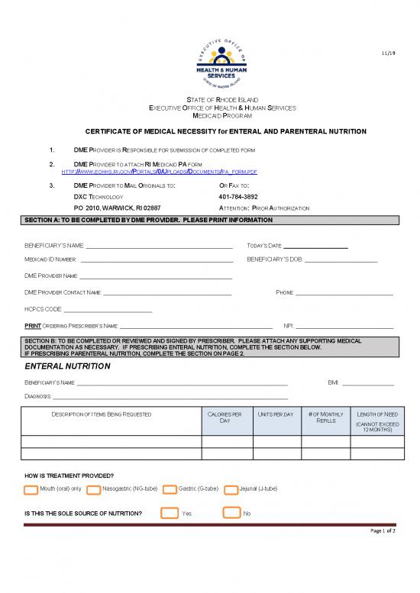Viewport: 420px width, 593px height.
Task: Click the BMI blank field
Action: [368, 382]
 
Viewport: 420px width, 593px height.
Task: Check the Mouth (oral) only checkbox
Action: [32, 489]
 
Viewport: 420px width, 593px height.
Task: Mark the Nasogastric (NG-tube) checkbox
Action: [93, 489]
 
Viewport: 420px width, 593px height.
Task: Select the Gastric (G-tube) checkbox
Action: [170, 489]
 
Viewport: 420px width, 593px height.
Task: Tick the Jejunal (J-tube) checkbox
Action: [231, 489]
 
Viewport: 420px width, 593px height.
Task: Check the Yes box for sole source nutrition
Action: [169, 513]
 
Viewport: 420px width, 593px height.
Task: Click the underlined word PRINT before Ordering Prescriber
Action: [32, 326]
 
